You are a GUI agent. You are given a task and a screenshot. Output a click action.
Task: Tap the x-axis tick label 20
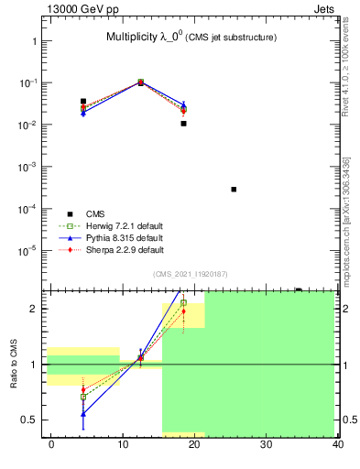coord(193,444)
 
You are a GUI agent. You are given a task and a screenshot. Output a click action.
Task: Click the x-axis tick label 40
coord(337,444)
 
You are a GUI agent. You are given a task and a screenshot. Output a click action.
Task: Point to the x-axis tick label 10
coord(122,444)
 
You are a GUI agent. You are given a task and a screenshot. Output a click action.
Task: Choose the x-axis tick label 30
coord(265,444)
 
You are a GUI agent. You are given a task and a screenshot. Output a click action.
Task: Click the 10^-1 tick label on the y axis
coord(28,83)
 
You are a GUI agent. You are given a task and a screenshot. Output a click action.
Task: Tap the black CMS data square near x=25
coord(234,190)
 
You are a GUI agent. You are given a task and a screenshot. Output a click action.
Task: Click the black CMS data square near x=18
coord(183,123)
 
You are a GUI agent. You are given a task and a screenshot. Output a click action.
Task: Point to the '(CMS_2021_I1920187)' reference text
coord(191,273)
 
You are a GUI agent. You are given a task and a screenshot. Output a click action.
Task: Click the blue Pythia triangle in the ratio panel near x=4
coord(83,413)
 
